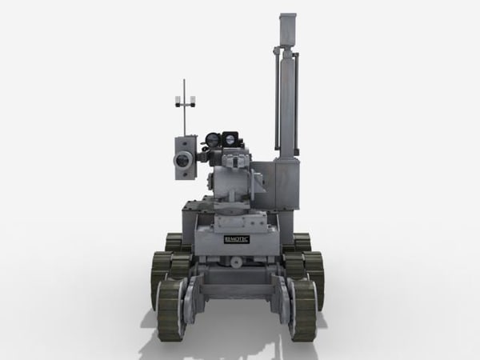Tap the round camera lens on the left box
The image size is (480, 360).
[183, 160]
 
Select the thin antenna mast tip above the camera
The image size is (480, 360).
[185, 82]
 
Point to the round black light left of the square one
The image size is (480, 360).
[213, 139]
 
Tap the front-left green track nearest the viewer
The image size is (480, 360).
[170, 308]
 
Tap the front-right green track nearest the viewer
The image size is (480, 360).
[303, 308]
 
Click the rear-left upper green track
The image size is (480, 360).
[173, 242]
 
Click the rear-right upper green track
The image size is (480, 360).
[302, 242]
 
